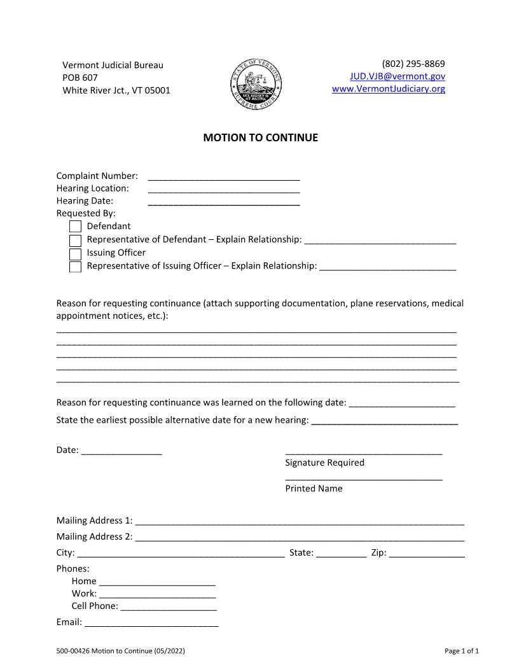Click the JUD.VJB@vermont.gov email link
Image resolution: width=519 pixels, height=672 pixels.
point(398,76)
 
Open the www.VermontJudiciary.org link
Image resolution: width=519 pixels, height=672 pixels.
point(389,88)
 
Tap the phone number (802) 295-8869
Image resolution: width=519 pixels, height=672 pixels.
point(413,64)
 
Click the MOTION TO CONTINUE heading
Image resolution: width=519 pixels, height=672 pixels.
point(260,137)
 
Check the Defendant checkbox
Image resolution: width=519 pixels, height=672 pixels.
point(75,227)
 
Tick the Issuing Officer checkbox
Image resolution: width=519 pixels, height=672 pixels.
point(75,254)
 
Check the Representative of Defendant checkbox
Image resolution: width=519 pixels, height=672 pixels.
point(75,241)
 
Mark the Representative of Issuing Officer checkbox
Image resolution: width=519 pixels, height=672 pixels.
point(75,267)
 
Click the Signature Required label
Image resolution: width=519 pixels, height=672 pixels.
point(324,463)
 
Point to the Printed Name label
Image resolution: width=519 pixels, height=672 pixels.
point(314,489)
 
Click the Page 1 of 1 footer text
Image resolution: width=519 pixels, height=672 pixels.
point(461,651)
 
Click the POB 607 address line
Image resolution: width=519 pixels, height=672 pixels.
point(80,77)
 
